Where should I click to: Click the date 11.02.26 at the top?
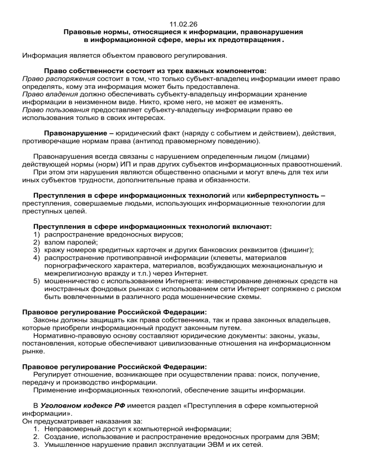coord(183,23)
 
